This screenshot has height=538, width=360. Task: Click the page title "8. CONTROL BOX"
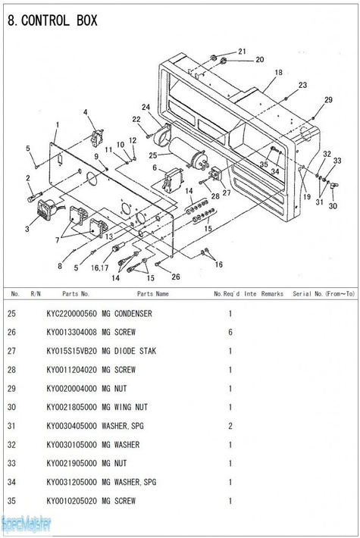click(x=52, y=21)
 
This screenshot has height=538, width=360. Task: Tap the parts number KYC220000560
click(x=72, y=314)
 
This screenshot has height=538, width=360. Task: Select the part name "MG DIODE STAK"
click(x=129, y=351)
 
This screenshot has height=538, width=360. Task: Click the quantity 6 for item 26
click(x=230, y=332)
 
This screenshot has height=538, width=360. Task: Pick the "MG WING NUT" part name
click(x=125, y=407)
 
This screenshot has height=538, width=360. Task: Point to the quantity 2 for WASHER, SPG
click(x=230, y=426)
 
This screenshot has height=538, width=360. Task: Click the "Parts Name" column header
click(x=153, y=294)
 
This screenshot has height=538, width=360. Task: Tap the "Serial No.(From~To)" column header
click(x=324, y=294)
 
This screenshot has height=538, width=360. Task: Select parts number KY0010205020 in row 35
click(x=72, y=501)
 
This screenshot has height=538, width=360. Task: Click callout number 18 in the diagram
click(x=278, y=73)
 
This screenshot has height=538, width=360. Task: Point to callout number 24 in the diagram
click(x=146, y=108)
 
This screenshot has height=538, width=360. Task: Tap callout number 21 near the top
click(x=242, y=52)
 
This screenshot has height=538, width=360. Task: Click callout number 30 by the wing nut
click(x=333, y=206)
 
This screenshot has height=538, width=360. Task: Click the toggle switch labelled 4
click(x=97, y=137)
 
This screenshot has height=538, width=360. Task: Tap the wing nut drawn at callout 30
click(x=333, y=186)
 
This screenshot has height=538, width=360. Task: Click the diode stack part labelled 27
click(x=215, y=174)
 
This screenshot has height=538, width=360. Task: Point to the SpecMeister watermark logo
click(x=26, y=524)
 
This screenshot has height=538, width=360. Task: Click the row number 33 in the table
click(x=11, y=464)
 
